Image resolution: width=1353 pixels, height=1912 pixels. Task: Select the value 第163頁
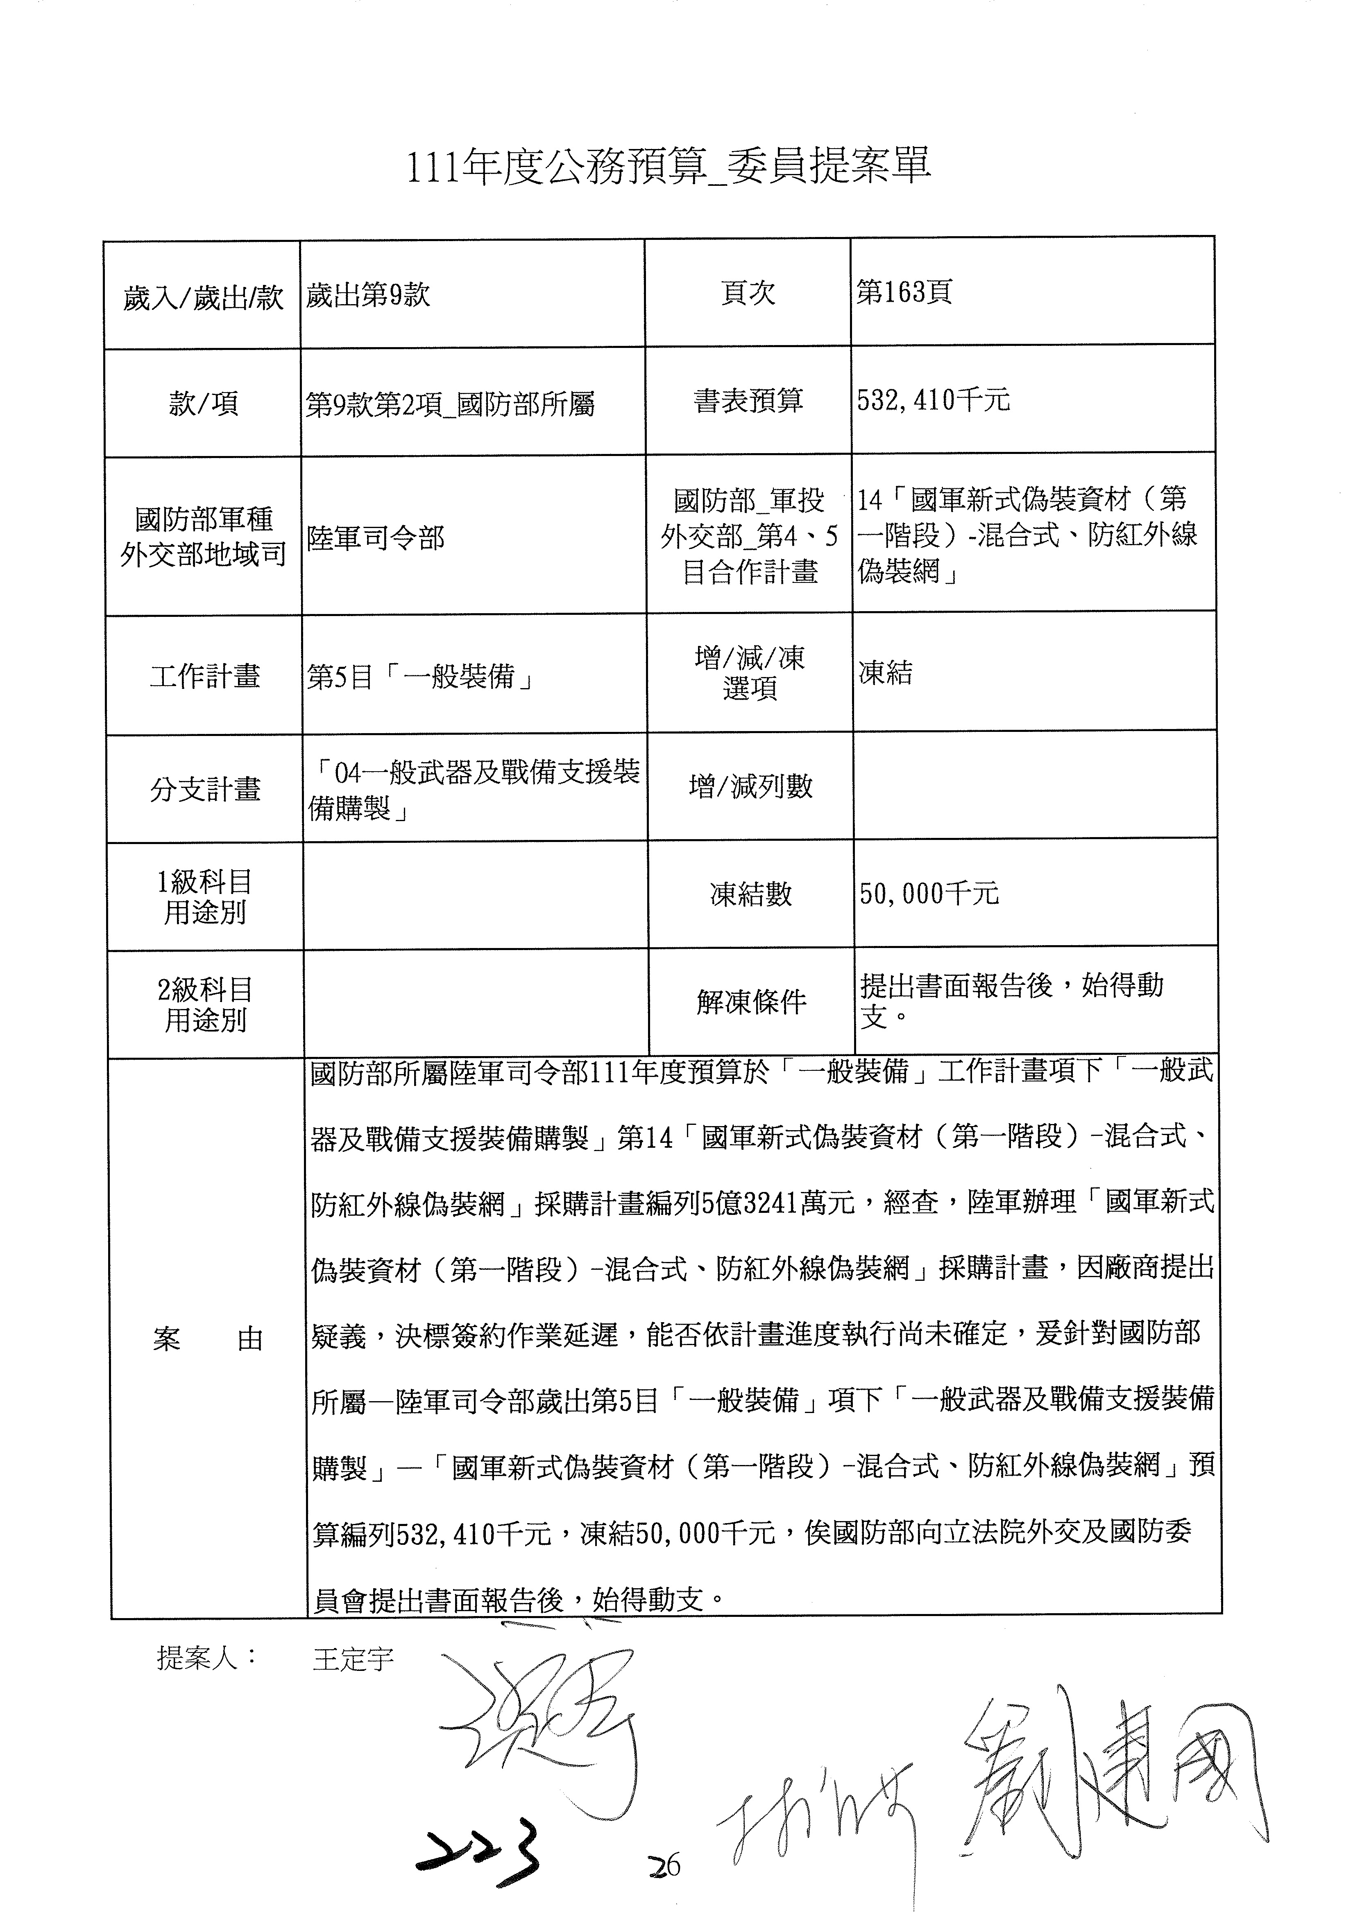tap(904, 292)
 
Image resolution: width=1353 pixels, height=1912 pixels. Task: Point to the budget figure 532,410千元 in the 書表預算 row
tap(933, 401)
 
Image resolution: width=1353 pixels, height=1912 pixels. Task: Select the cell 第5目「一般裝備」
tap(420, 676)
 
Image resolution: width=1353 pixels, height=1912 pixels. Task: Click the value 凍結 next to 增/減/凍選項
tap(886, 673)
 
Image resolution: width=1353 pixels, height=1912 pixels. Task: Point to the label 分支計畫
tap(205, 789)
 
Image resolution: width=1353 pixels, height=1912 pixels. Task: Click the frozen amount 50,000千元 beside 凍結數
tap(929, 894)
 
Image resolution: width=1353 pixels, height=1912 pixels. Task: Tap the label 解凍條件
tap(752, 1002)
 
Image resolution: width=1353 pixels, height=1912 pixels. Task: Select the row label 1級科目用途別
tap(205, 897)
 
